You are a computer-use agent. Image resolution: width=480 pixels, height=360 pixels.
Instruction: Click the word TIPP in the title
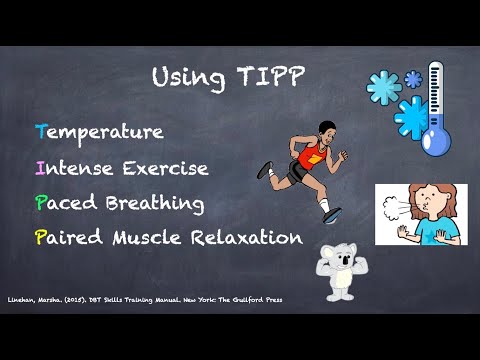[271, 77]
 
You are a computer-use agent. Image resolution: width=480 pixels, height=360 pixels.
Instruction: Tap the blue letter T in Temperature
[40, 132]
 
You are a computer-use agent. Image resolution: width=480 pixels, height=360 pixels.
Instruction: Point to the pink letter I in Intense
[39, 167]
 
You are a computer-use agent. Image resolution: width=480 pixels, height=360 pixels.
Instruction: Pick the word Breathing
[155, 203]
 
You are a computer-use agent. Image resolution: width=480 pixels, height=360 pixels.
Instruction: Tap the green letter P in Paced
[40, 203]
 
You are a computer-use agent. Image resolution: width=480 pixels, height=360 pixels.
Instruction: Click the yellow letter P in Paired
[40, 238]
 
